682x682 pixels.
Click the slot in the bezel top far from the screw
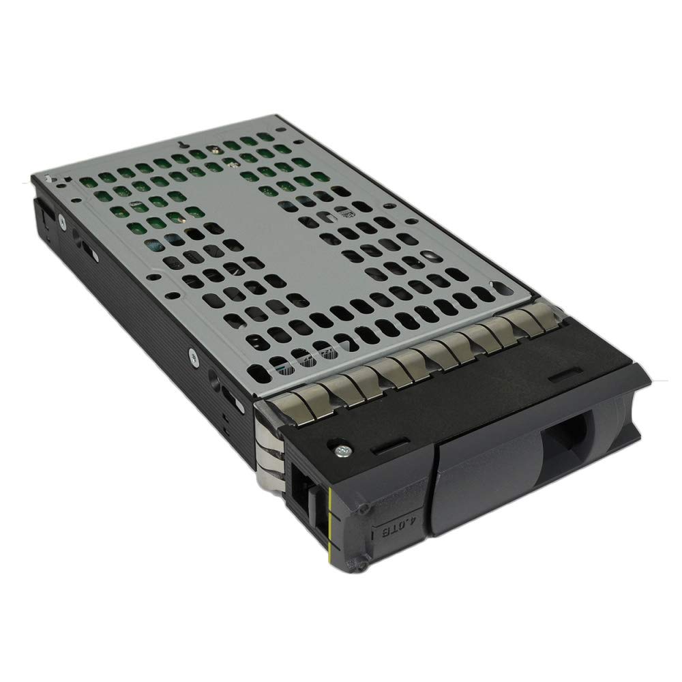click(563, 377)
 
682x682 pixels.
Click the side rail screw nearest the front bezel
click(193, 354)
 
